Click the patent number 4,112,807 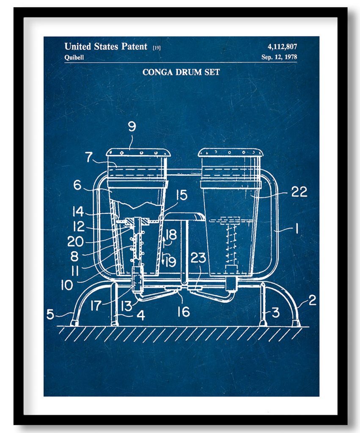[x=282, y=47]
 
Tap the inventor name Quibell [x=74, y=58]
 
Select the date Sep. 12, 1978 [x=279, y=57]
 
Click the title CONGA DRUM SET [x=181, y=72]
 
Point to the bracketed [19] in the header [x=157, y=47]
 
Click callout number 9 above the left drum [x=132, y=126]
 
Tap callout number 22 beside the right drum [x=299, y=192]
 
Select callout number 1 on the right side [x=297, y=229]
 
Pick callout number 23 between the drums [x=198, y=258]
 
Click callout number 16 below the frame [x=184, y=312]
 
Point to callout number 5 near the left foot [x=50, y=314]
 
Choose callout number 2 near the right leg [x=312, y=300]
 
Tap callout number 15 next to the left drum [x=181, y=195]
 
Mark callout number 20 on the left [x=75, y=241]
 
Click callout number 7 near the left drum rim [x=89, y=157]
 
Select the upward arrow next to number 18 [x=164, y=240]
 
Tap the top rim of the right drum [x=231, y=152]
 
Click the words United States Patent [x=106, y=47]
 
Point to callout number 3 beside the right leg [x=275, y=312]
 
